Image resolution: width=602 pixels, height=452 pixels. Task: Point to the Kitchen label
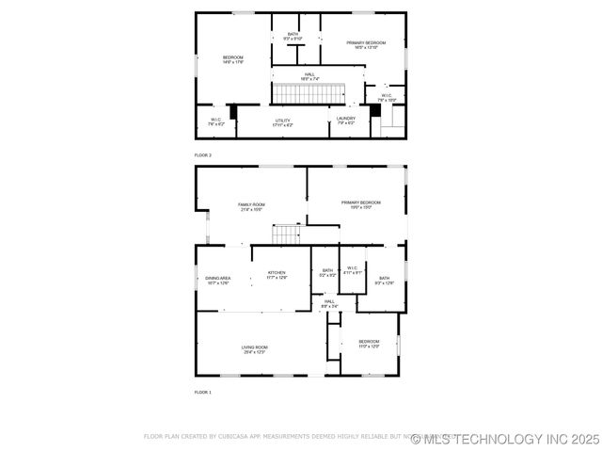pos(277,275)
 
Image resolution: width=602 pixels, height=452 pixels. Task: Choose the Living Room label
pos(254,349)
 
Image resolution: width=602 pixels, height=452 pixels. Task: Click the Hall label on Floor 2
pos(309,76)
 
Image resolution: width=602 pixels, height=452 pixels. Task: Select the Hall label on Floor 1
pos(329,303)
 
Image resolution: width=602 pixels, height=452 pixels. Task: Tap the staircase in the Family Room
pos(286,233)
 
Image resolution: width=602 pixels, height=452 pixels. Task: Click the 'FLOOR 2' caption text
pos(203,154)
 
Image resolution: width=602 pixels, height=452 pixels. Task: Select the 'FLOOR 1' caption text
pos(203,392)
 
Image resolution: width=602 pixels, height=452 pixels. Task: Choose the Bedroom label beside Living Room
pos(369,344)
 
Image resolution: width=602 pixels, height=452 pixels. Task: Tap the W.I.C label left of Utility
pos(215,121)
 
